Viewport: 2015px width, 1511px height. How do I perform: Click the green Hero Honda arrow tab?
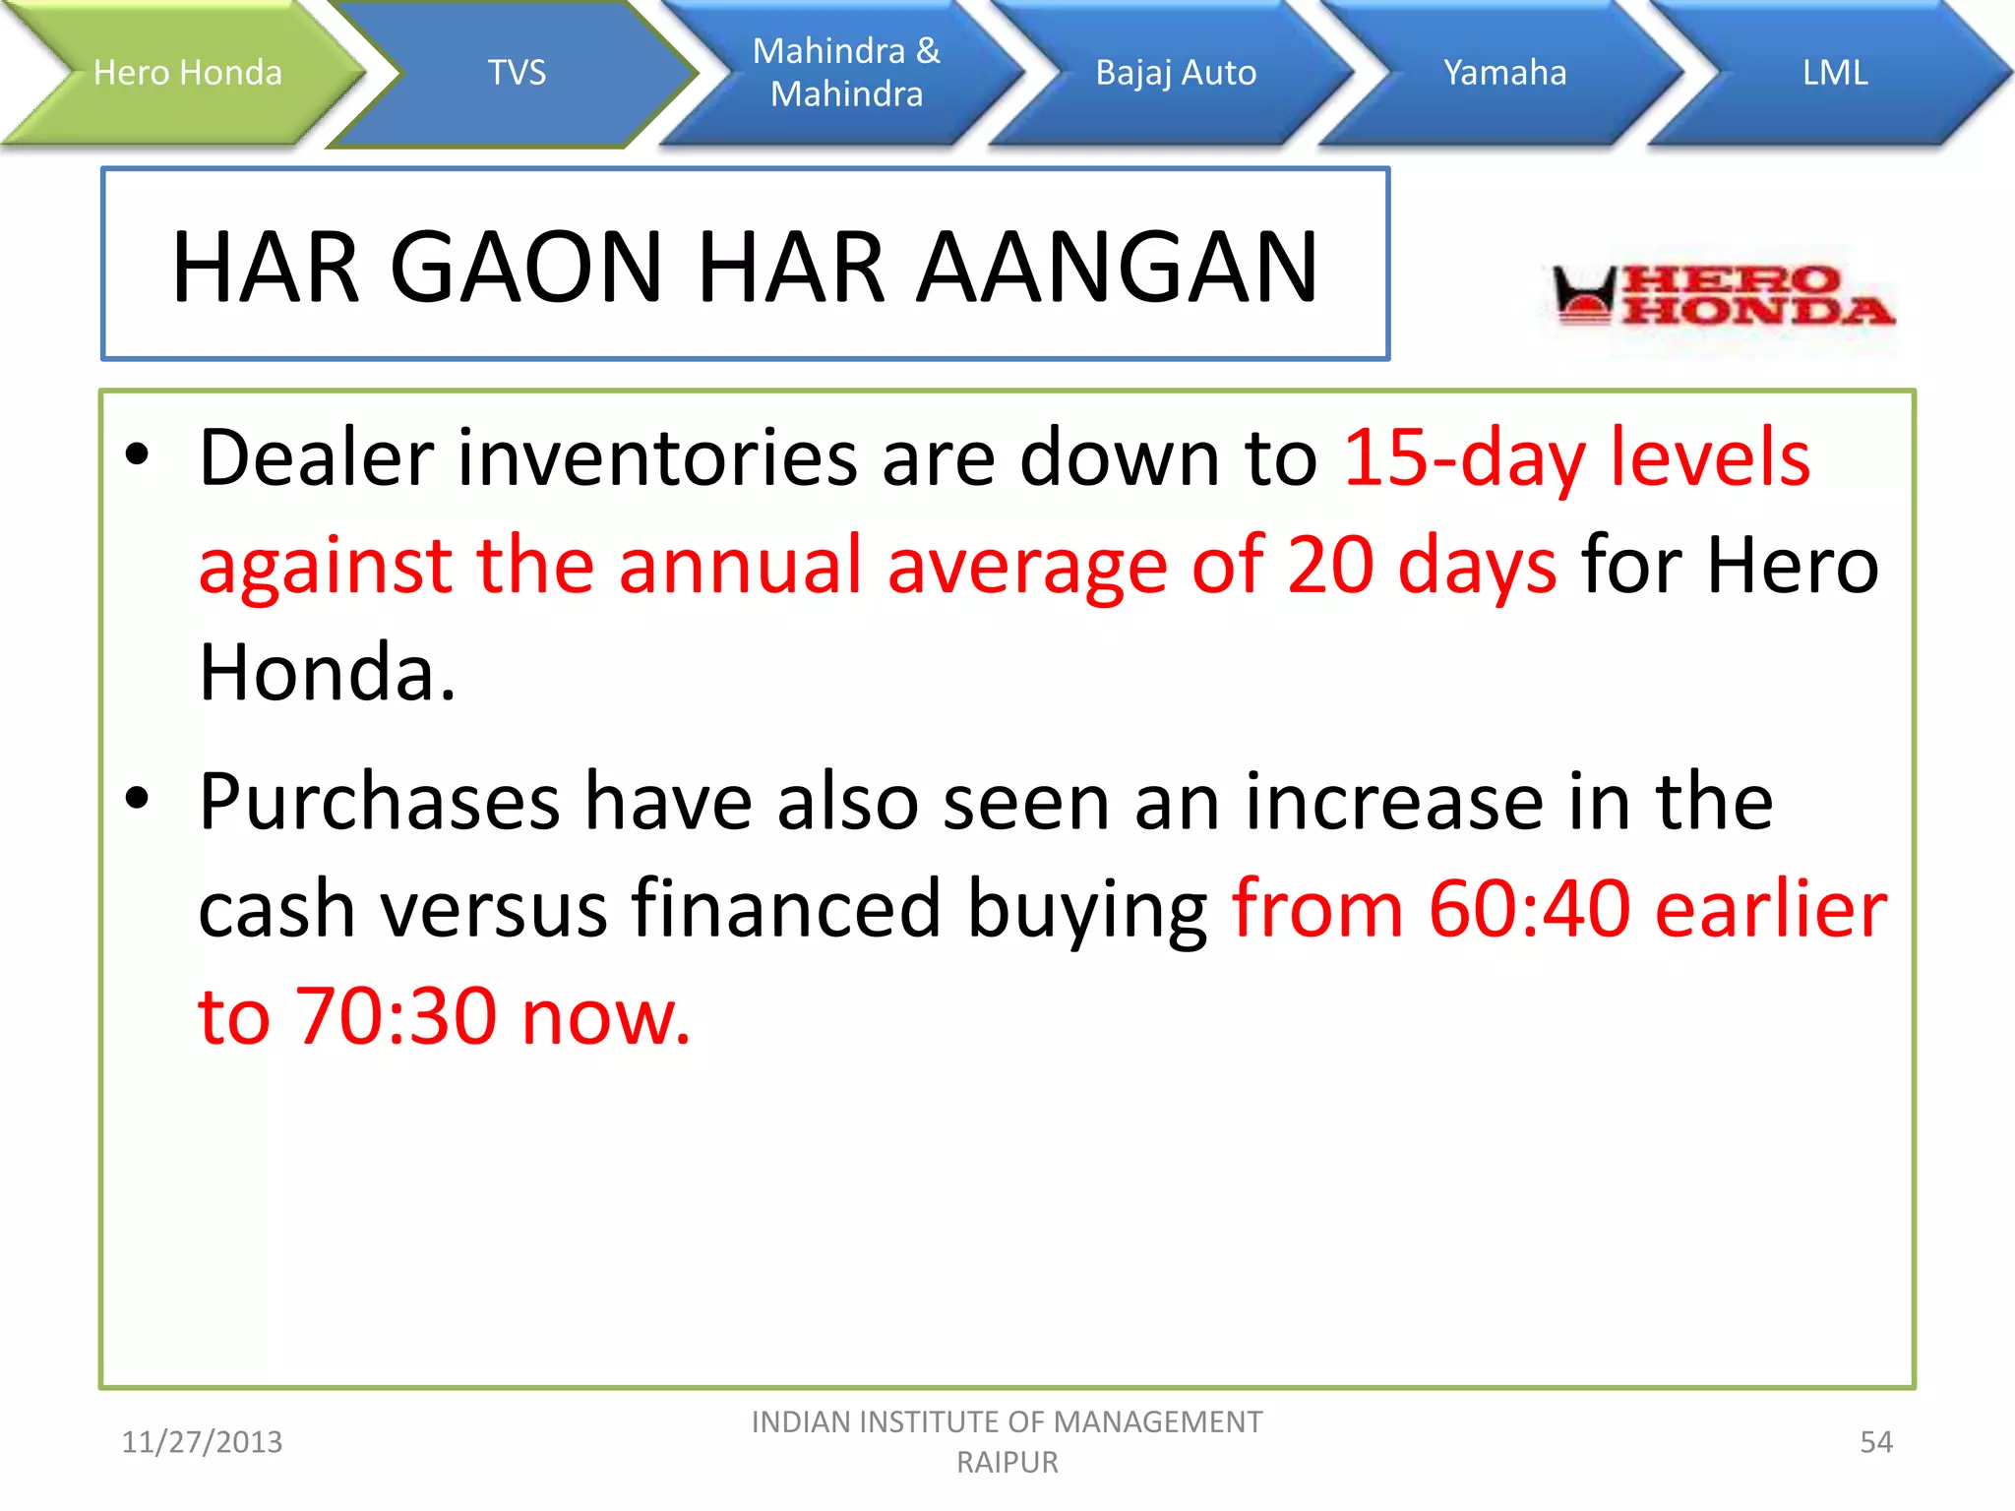coord(187,73)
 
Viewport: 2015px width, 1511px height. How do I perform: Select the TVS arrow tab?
coord(517,73)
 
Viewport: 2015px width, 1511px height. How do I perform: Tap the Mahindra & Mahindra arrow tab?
coord(846,73)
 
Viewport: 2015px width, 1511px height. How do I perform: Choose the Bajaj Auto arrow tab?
coord(1176,73)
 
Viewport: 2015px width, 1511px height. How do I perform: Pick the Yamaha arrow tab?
coord(1504,73)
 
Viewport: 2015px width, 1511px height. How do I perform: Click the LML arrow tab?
coord(1834,73)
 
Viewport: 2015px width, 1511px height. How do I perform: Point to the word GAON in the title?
coord(527,267)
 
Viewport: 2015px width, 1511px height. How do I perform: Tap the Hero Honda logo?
coord(1723,295)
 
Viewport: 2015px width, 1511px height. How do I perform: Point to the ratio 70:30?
coord(396,1016)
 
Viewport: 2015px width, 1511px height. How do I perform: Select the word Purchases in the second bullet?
coord(379,802)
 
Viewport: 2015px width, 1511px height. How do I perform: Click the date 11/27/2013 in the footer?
coord(202,1442)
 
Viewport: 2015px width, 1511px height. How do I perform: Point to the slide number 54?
coord(1875,1442)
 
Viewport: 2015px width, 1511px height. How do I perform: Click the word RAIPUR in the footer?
coord(1007,1463)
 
